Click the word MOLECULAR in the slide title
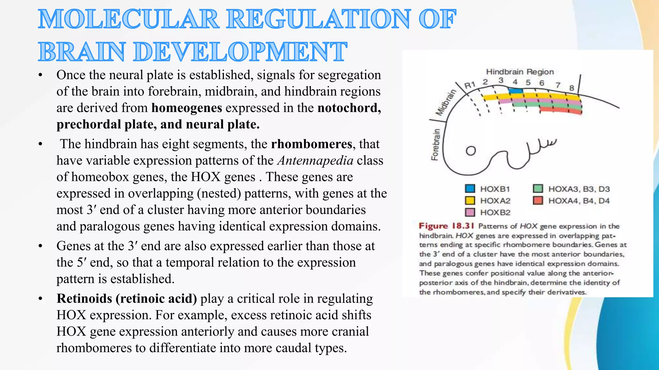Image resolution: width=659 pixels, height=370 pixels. [x=128, y=19]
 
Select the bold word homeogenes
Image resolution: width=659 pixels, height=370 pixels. [x=187, y=108]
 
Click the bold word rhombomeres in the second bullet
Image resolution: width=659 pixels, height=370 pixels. [x=311, y=144]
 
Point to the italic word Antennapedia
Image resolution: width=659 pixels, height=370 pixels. [x=315, y=160]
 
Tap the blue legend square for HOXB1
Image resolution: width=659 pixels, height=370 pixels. [x=470, y=189]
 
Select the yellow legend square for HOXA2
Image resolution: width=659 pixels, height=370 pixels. [x=470, y=200]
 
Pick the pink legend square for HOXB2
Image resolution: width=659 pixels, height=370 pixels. [x=470, y=212]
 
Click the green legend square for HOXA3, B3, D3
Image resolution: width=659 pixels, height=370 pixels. [x=538, y=189]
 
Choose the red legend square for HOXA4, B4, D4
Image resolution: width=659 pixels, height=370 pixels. [x=538, y=200]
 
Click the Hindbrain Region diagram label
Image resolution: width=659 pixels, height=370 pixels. [x=520, y=72]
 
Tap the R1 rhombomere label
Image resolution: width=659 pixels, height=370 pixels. [x=470, y=85]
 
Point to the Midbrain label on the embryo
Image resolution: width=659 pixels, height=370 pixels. [x=446, y=103]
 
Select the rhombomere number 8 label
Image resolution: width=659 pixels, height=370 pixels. [x=571, y=88]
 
